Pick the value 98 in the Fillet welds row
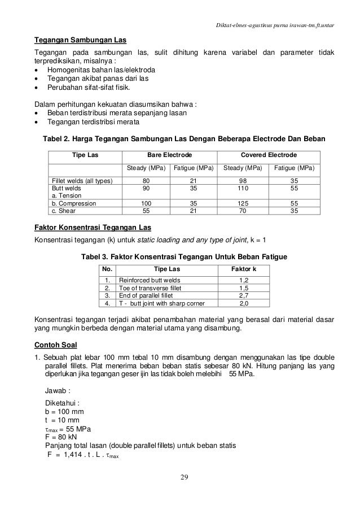[x=244, y=181]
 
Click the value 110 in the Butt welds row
[x=244, y=188]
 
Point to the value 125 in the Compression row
[x=244, y=203]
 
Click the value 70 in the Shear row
[x=244, y=211]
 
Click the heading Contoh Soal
[x=55, y=345]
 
